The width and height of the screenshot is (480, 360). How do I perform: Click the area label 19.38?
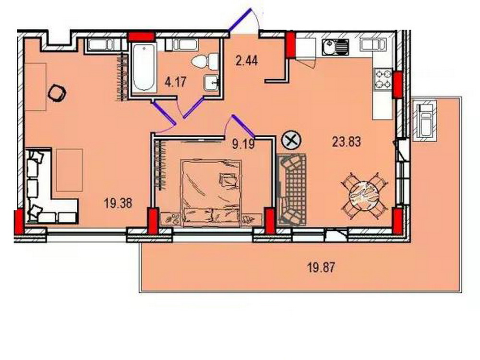click(118, 203)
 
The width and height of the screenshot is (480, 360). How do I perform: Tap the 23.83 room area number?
click(347, 142)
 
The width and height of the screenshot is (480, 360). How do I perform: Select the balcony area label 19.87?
click(321, 268)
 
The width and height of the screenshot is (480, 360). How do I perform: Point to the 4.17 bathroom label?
click(175, 82)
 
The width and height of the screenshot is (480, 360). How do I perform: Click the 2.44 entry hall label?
click(247, 60)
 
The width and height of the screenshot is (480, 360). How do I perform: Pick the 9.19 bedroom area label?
click(243, 144)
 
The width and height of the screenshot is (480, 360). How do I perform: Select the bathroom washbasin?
click(212, 83)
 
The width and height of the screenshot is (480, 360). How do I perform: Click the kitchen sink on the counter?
click(336, 48)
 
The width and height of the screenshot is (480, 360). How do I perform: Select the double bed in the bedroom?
click(212, 193)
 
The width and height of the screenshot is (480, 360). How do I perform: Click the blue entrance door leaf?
click(240, 20)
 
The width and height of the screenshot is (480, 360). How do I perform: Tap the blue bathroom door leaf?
click(193, 108)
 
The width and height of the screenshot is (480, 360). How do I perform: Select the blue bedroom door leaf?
click(243, 126)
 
